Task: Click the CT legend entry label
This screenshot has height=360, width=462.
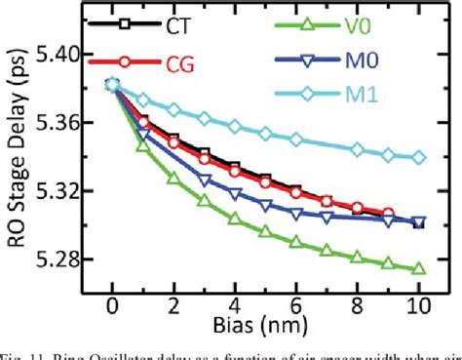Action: click(176, 25)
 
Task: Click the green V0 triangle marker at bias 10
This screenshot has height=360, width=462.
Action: click(418, 268)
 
